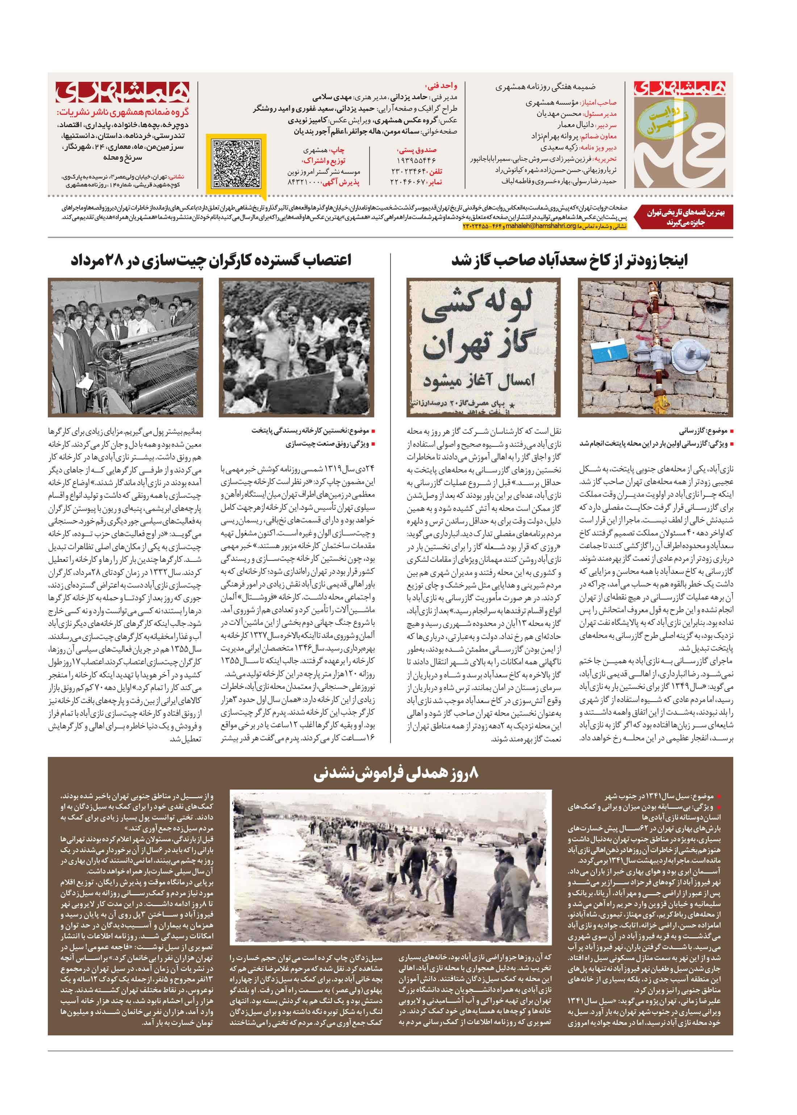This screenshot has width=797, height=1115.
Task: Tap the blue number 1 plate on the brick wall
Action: tap(609, 352)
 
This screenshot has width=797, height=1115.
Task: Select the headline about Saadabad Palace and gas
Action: tap(569, 260)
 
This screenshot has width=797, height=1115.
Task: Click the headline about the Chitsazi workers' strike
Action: tap(211, 260)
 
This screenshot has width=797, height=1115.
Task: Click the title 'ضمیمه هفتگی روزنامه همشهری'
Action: tap(545, 87)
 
